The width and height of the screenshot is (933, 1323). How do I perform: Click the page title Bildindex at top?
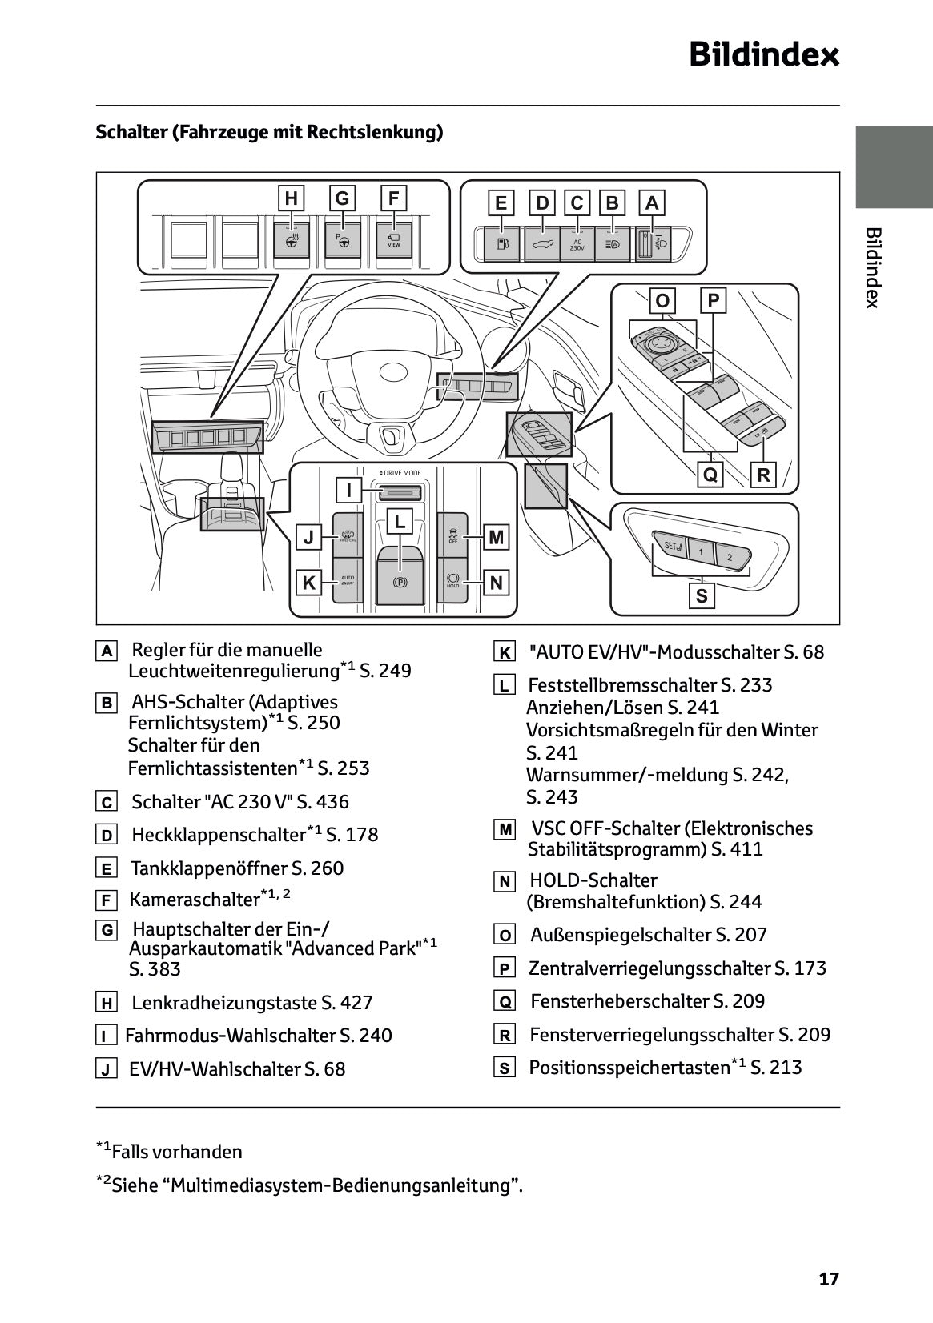764,55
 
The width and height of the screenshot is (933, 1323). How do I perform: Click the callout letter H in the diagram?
292,198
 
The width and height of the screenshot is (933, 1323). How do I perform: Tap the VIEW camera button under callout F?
393,239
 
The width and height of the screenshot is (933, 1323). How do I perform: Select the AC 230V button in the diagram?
577,244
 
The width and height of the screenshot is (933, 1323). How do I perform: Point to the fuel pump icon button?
502,244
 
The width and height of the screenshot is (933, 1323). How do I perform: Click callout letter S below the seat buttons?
702,596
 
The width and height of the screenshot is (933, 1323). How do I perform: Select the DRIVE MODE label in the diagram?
400,473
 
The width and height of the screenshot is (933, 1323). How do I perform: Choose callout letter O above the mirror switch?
662,301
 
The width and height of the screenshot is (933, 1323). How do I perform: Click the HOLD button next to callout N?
453,580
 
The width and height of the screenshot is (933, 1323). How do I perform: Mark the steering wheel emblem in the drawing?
393,371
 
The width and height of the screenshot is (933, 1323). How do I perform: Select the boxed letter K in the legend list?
504,653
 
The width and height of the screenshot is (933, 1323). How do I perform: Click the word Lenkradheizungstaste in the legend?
224,1002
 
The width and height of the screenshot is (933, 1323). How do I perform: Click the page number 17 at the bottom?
829,1279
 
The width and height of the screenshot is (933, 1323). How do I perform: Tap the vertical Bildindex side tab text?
873,267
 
